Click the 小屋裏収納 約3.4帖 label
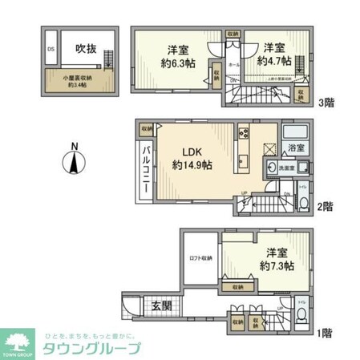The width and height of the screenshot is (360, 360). click(x=79, y=80)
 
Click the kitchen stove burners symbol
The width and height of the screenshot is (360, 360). click(x=244, y=135)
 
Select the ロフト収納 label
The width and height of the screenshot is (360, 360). click(x=200, y=257)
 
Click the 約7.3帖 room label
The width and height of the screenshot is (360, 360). click(x=274, y=258)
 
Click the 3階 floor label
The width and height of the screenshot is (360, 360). click(x=326, y=103)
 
